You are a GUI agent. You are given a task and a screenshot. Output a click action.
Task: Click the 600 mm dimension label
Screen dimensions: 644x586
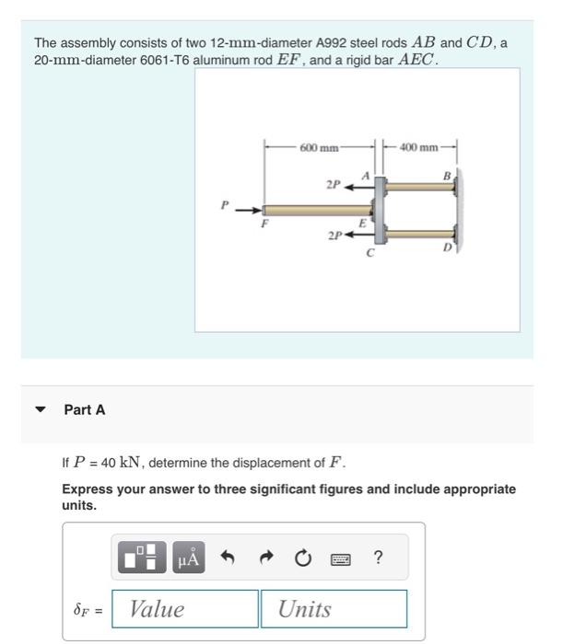(x=319, y=147)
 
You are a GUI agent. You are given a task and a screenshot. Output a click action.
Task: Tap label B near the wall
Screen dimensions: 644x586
(x=447, y=175)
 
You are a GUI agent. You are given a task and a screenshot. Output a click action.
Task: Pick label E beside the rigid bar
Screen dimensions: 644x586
(x=362, y=224)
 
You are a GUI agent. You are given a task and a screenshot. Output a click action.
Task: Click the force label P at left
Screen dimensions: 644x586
(x=223, y=204)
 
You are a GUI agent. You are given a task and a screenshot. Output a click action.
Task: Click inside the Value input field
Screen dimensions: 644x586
(x=185, y=609)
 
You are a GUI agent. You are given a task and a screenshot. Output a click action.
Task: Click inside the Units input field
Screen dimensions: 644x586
(x=334, y=609)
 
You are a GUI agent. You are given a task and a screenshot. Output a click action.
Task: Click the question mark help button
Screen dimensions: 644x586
(x=378, y=558)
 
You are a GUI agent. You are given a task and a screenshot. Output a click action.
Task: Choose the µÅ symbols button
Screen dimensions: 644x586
(x=188, y=558)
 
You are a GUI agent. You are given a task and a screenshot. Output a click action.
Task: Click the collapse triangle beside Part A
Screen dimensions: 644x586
(x=40, y=410)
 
